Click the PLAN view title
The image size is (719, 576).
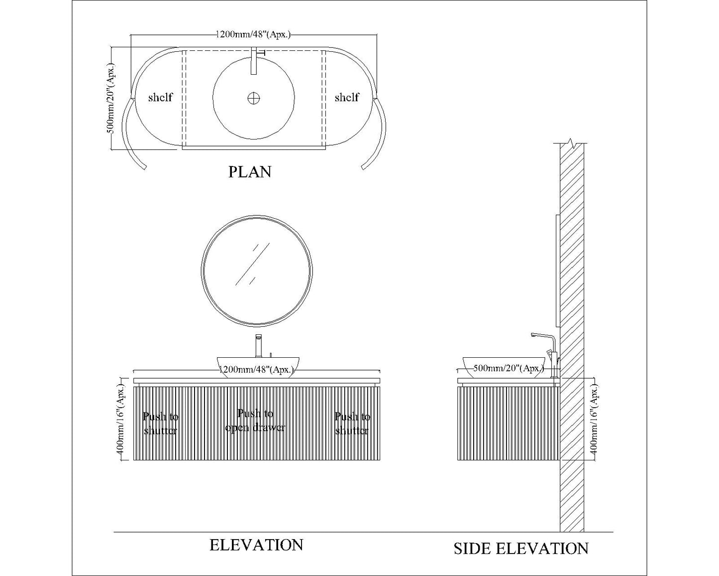(x=250, y=172)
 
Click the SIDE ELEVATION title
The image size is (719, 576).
(x=521, y=549)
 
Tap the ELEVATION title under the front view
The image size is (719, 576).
(x=256, y=545)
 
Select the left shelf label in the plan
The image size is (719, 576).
(x=160, y=97)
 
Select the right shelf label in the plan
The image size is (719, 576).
(x=347, y=97)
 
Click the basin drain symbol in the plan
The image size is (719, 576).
(x=254, y=98)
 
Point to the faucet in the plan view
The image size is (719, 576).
(x=254, y=61)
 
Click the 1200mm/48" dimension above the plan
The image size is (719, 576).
(x=253, y=34)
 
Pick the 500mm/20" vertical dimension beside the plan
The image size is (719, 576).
(x=111, y=98)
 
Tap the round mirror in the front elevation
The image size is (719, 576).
(x=257, y=271)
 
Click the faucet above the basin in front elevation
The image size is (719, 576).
(x=258, y=345)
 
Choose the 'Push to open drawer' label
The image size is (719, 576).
(x=255, y=421)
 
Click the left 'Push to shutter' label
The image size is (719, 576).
(x=160, y=424)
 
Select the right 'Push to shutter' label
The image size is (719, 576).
(x=352, y=424)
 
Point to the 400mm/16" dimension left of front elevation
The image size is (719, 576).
(x=120, y=420)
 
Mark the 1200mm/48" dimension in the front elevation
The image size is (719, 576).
(x=256, y=370)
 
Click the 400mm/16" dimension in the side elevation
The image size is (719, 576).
(x=594, y=420)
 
